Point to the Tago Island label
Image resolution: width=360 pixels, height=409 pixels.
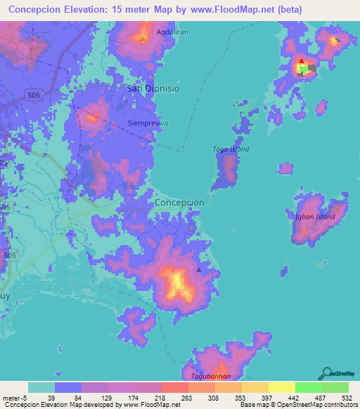(231, 149)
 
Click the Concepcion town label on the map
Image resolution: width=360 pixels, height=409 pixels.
(179, 202)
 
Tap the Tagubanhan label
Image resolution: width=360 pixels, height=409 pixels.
(211, 376)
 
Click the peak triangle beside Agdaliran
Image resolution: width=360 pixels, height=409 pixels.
(143, 37)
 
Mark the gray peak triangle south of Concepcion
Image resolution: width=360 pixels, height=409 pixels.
(199, 268)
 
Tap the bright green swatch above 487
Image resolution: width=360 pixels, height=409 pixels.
(309, 387)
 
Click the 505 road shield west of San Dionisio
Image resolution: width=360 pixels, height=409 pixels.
(32, 93)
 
